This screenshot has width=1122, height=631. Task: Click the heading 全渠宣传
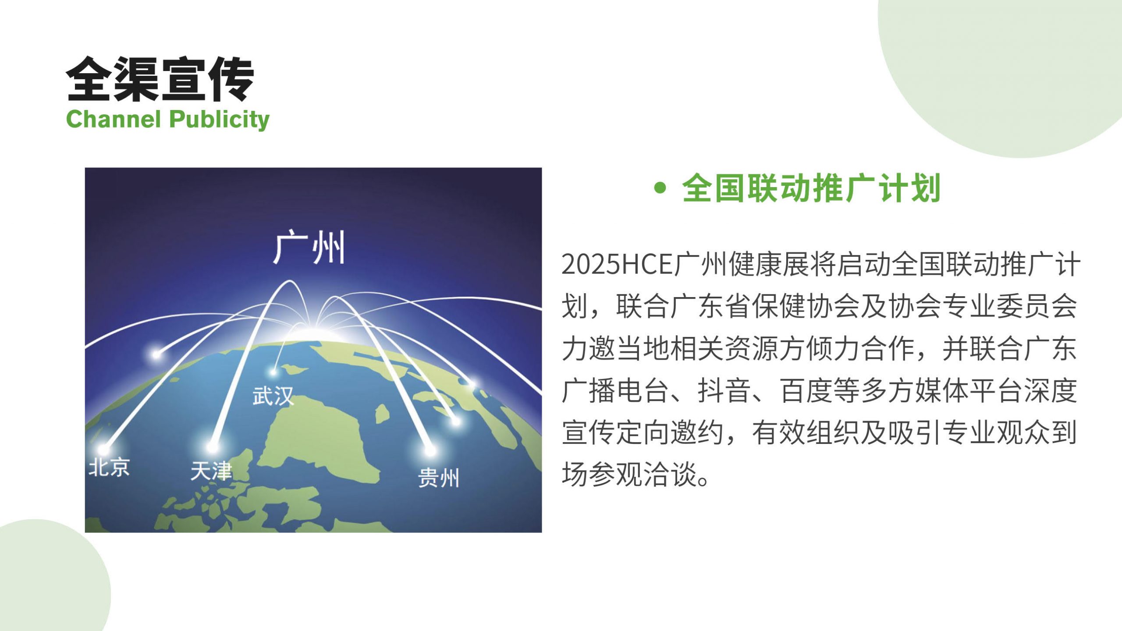[160, 79]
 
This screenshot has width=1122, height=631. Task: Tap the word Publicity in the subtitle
[219, 120]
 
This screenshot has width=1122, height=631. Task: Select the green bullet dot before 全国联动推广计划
[660, 188]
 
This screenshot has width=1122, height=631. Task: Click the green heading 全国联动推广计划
[811, 188]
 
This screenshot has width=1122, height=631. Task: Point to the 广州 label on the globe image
[309, 248]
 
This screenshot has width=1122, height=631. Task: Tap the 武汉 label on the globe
[273, 396]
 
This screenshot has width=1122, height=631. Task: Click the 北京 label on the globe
[109, 467]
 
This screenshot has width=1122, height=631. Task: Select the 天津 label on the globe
[211, 471]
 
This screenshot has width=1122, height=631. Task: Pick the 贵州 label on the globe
[438, 478]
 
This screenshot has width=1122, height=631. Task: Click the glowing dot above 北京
[103, 449]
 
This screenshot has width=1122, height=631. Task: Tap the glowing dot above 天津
[213, 447]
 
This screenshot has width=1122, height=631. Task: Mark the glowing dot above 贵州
[430, 450]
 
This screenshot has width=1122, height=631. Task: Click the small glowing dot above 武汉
[273, 372]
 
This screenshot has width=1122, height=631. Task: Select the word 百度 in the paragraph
[806, 390]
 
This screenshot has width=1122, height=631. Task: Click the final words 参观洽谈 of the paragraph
[642, 475]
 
